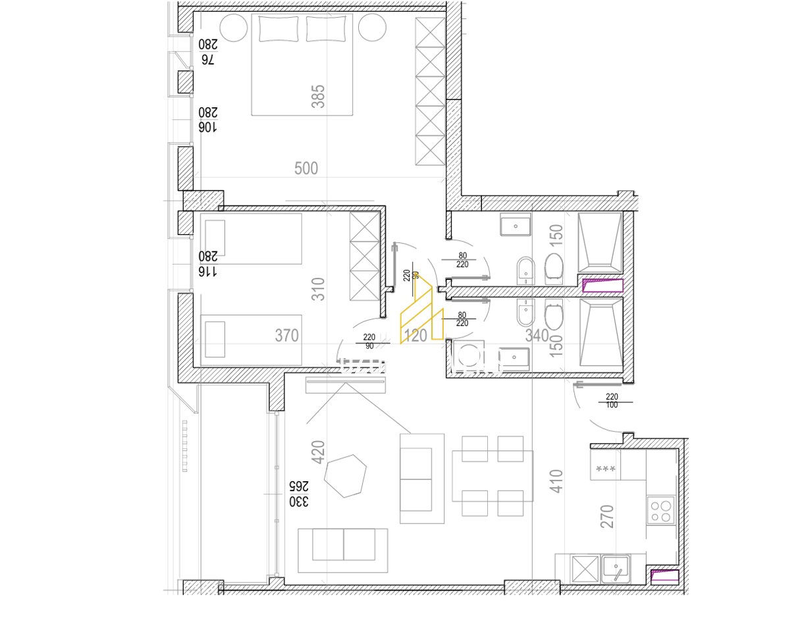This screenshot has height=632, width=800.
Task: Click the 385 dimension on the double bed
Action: coord(317,96)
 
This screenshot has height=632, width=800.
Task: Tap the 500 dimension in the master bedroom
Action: coord(306,169)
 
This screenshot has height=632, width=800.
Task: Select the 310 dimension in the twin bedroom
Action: coord(318,290)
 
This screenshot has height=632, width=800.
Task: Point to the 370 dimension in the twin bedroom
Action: coord(287,336)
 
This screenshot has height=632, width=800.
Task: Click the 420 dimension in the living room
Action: coord(318,453)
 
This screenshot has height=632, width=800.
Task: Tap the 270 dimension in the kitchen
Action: coord(607,516)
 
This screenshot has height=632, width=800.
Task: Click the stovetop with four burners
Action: coord(660,510)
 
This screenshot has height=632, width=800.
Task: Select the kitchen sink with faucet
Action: coord(616,568)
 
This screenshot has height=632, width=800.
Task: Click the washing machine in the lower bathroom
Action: coord(469,356)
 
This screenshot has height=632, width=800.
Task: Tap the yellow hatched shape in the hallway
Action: coord(421,313)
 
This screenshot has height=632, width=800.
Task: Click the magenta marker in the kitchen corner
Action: coord(664,577)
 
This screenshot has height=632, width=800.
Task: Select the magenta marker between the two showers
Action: coord(603,286)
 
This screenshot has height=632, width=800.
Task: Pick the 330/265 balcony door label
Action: coord(298,494)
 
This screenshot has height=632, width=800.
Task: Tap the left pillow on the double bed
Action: coord(279,29)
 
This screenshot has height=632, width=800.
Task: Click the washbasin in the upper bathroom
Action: coord(515,226)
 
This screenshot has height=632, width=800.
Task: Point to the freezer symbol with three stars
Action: coord(605,469)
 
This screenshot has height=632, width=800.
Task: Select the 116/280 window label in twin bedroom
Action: coord(207,264)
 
